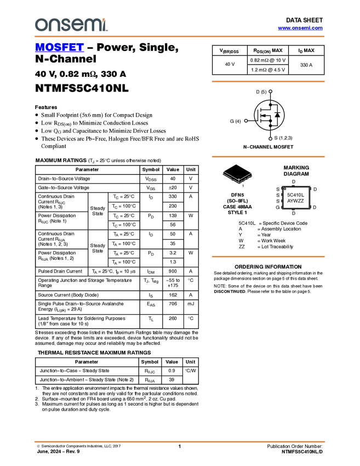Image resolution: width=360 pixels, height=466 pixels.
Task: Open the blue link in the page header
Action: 300,28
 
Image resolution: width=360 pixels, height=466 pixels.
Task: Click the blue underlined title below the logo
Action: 59,48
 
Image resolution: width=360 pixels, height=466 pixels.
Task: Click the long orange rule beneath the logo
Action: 180,37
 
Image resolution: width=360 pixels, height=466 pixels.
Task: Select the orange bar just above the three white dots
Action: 268,82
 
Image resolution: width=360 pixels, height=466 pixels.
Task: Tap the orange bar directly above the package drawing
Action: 268,157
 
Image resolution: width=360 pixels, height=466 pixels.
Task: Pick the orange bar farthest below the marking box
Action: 268,256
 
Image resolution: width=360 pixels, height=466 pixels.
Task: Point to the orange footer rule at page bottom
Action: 180,441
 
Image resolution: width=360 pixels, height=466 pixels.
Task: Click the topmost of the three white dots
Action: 271,92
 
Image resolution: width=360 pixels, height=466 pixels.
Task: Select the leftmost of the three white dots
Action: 246,121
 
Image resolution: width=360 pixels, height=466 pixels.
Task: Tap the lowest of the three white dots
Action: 271,139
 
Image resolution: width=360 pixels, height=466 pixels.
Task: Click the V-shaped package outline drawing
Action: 238,177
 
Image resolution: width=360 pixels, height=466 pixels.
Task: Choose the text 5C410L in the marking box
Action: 296,195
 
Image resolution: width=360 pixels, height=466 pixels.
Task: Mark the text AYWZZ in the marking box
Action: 296,201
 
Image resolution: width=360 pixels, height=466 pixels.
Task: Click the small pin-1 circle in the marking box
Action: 285,189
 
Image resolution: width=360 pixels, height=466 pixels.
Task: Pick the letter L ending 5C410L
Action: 303,195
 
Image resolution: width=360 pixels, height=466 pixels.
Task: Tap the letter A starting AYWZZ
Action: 289,201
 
